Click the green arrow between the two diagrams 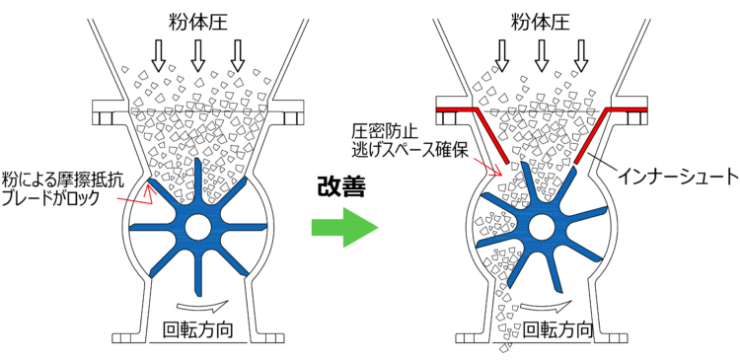tap(345, 228)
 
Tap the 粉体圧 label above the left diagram tap(197, 22)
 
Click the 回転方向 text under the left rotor tap(197, 329)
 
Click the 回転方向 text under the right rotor tap(558, 328)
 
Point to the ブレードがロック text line tap(51, 198)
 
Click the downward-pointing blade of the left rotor tap(198, 269)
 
